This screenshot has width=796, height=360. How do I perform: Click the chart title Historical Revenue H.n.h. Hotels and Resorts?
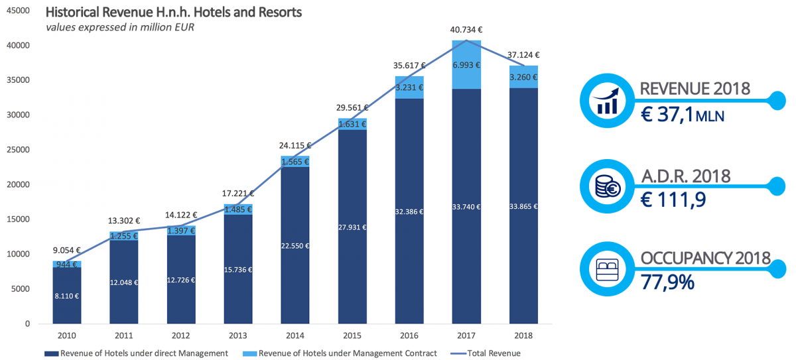point(174,13)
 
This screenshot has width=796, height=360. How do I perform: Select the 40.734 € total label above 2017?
point(467,30)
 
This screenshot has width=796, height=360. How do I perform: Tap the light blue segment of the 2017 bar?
point(467,64)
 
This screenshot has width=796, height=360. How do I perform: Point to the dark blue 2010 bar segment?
point(67,296)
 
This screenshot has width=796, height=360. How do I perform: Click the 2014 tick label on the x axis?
point(295,335)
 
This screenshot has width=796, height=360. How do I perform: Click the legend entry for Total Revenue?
point(492,353)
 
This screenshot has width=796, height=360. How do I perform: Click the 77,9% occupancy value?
point(667,282)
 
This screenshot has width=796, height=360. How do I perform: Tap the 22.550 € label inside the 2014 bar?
point(295,246)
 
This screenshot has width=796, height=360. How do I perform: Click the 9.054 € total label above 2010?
point(67,251)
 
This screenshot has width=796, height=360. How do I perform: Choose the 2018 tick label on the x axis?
point(524,335)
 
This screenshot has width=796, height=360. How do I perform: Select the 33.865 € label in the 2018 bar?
point(524,206)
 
